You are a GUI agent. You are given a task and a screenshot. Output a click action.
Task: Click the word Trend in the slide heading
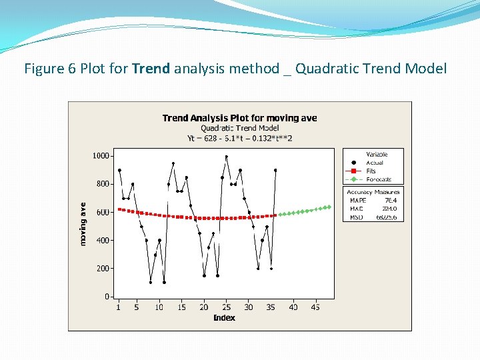151,68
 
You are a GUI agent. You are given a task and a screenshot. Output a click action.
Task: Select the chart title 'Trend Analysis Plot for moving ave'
239,118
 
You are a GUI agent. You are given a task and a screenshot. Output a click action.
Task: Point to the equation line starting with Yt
239,138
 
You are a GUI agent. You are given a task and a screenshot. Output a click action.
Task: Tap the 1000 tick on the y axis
101,156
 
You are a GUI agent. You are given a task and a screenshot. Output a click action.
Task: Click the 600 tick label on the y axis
102,213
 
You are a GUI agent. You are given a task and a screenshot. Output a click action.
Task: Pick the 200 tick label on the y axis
102,269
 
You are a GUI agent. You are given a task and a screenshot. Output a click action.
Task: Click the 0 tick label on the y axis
107,297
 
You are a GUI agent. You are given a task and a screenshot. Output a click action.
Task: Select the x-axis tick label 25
226,307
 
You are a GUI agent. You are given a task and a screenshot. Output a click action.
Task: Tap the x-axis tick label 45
315,307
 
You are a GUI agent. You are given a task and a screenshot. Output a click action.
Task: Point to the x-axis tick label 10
159,307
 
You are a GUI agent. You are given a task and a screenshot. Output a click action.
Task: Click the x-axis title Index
224,317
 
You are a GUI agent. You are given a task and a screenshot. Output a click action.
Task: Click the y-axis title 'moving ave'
83,224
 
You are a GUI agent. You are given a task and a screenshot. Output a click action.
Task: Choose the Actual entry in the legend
375,163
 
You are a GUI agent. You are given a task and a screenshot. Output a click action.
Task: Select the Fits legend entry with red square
371,171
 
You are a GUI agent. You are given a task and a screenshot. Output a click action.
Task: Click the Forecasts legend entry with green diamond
378,179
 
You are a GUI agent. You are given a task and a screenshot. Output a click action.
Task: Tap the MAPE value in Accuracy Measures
391,200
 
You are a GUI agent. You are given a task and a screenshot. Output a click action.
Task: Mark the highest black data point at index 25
227,157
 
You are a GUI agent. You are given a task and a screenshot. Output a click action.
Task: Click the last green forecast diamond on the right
329,207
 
